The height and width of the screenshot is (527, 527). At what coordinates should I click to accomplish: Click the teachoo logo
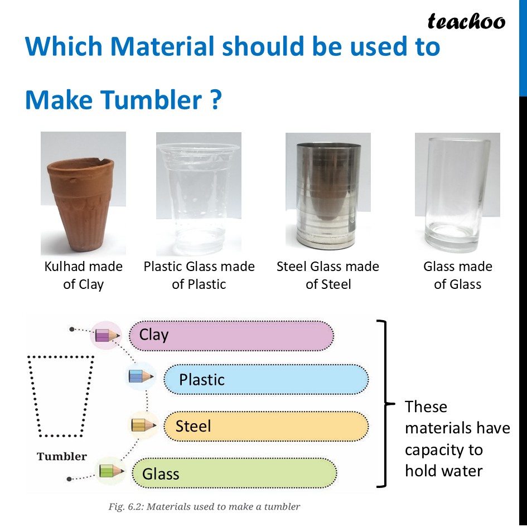click(x=466, y=22)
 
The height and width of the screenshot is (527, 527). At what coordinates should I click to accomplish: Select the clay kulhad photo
click(x=83, y=193)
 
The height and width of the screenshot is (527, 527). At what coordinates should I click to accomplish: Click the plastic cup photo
click(x=199, y=193)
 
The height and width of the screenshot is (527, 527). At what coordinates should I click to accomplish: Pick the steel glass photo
click(x=328, y=190)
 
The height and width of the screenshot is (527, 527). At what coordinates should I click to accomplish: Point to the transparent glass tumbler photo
click(x=457, y=190)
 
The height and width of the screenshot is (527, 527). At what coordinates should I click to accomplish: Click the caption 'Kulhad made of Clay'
click(x=83, y=275)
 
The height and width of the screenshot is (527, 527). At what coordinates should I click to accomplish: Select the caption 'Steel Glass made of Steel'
click(x=328, y=275)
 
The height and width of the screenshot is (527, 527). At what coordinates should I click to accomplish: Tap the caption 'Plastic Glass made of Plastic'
click(x=199, y=275)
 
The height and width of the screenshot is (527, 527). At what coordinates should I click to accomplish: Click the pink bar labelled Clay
click(x=231, y=335)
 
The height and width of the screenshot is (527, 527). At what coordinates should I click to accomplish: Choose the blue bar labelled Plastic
click(x=266, y=380)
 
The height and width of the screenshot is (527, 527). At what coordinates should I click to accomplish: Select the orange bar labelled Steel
click(x=266, y=427)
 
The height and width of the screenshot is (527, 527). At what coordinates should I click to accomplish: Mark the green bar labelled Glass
click(x=234, y=474)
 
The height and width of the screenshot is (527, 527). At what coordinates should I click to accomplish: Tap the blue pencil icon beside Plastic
click(x=141, y=376)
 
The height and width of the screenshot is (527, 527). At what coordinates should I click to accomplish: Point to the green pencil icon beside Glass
click(x=110, y=471)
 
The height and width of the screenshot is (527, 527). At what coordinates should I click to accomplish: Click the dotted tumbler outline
click(x=61, y=396)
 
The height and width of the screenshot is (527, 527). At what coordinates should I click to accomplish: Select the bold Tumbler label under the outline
click(x=62, y=457)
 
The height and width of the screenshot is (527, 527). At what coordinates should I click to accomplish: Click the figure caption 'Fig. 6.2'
click(x=204, y=507)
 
